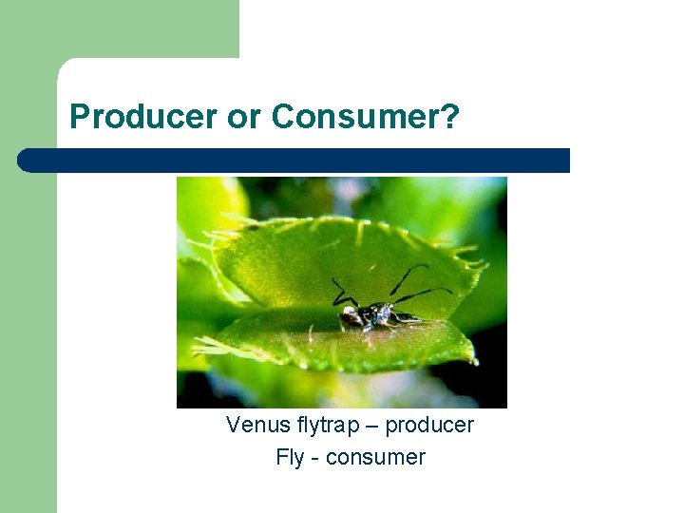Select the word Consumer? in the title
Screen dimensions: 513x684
(x=365, y=117)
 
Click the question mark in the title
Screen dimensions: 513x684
(x=450, y=117)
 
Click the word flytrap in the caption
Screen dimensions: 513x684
(x=317, y=426)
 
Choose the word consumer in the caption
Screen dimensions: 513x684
(x=375, y=458)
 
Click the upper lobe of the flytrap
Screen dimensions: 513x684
(x=342, y=256)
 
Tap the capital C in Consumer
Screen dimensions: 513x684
(x=282, y=117)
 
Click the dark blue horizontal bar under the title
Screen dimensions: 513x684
(x=294, y=161)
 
